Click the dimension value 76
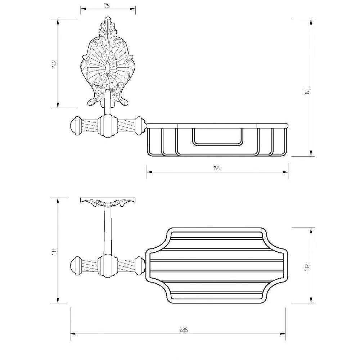[107, 6]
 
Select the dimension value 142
[54, 64]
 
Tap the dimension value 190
[307, 91]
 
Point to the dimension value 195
[217, 168]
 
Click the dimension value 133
[54, 252]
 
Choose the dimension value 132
[307, 267]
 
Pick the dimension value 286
[184, 330]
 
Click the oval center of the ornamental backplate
[107, 69]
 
